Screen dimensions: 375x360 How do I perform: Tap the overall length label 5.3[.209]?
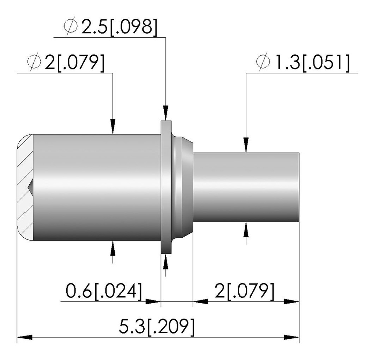click(157, 327)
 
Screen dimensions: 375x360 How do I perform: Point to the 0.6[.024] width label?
click(104, 291)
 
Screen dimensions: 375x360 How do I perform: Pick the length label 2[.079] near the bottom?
click(244, 291)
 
